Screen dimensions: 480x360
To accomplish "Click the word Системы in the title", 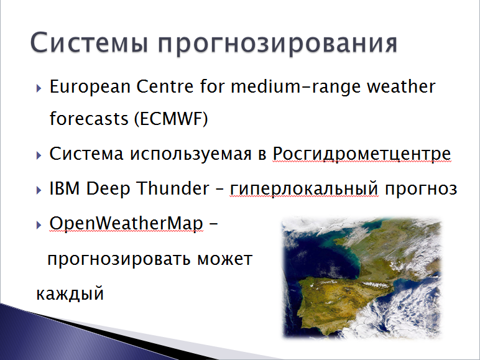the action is point(90,42).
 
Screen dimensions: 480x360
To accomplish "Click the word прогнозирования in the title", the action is point(278,44).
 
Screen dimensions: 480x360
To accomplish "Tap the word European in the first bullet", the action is point(90,87).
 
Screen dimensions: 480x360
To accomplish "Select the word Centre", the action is point(165,86).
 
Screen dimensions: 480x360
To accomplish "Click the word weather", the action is point(401,86).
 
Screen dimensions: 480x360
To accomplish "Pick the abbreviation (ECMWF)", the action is point(171,119).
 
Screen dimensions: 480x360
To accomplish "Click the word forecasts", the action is point(89,119).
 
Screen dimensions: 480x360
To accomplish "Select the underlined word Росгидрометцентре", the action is point(361,154).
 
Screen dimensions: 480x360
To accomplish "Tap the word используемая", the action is point(191,154).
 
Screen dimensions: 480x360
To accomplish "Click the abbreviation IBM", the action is point(65,188).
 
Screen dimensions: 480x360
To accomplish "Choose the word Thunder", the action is point(173,188).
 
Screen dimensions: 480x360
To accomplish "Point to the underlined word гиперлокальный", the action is point(304,188).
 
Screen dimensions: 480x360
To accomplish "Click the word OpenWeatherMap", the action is point(126,223).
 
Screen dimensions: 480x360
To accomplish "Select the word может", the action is point(224,259).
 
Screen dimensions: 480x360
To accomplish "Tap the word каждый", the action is point(70,293).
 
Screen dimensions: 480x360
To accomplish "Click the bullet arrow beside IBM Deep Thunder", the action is point(39,190).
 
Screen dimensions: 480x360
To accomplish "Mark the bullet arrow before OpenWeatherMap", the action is point(39,225).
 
